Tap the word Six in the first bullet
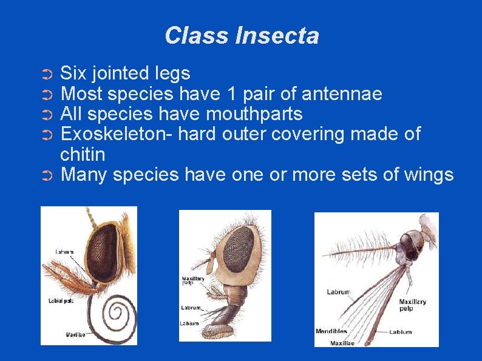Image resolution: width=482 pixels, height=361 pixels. click(74, 74)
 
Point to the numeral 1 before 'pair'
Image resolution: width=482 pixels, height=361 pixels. click(229, 94)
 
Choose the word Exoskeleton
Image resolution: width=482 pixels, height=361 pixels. click(116, 134)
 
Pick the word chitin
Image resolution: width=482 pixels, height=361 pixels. click(83, 154)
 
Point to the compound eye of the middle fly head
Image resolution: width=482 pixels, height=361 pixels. click(240, 248)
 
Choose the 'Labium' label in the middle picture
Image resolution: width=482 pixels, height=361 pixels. click(189, 323)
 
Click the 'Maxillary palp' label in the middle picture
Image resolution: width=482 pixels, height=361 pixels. click(193, 282)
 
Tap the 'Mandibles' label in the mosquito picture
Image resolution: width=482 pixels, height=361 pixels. click(331, 331)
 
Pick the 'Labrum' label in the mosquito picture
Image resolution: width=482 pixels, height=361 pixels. click(338, 292)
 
